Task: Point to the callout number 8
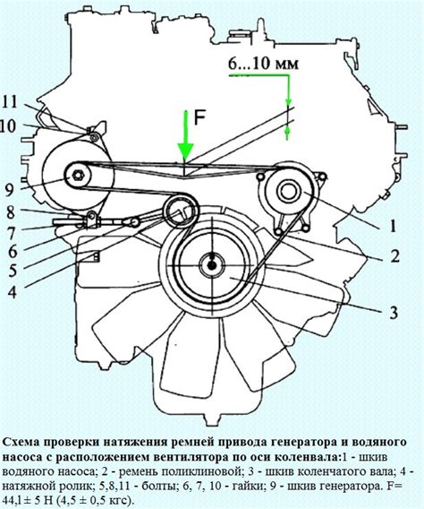(x=10, y=211)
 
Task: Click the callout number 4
(x=11, y=290)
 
